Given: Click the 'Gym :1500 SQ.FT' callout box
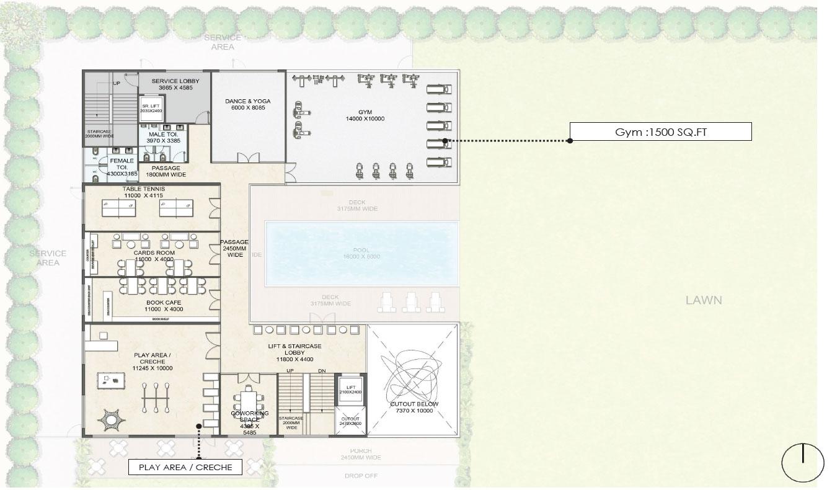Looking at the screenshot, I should click(660, 131).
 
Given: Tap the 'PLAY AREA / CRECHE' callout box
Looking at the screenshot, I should click(185, 467).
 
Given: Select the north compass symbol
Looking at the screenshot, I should click(802, 463).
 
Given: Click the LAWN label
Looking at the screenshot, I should click(704, 300).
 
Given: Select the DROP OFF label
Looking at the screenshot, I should click(361, 476).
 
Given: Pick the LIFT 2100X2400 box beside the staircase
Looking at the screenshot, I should click(350, 389).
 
